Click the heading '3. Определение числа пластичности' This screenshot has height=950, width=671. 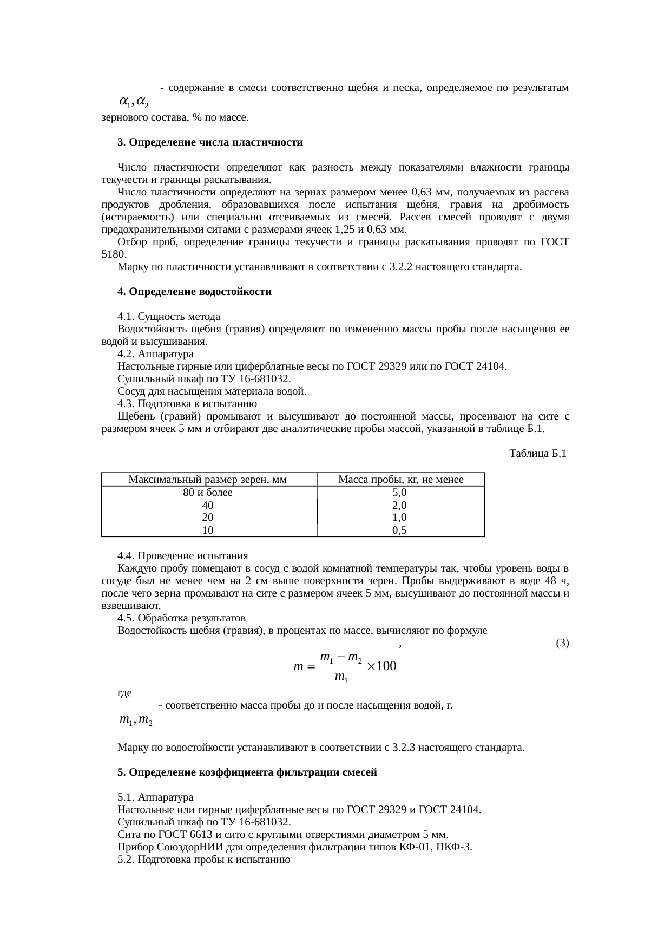tap(210, 142)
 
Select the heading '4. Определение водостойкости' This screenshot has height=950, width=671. tap(194, 292)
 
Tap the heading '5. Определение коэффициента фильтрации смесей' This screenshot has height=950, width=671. tap(247, 772)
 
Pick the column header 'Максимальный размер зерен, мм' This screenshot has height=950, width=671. tap(208, 480)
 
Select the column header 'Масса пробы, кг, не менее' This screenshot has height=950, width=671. tap(400, 480)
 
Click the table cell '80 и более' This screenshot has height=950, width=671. tap(208, 493)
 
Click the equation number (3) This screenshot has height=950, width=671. tap(562, 644)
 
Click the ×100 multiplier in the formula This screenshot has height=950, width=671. tap(381, 666)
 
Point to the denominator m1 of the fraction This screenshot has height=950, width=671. tap(341, 677)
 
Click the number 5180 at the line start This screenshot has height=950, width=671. tap(114, 254)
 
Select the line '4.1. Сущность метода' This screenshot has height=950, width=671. tap(169, 316)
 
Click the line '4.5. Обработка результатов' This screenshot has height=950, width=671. tap(181, 618)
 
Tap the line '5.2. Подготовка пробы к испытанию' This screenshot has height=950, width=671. tap(204, 860)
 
